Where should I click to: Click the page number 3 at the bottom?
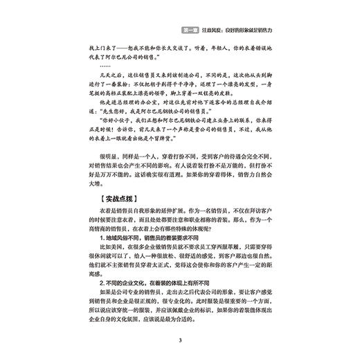point(179,340)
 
